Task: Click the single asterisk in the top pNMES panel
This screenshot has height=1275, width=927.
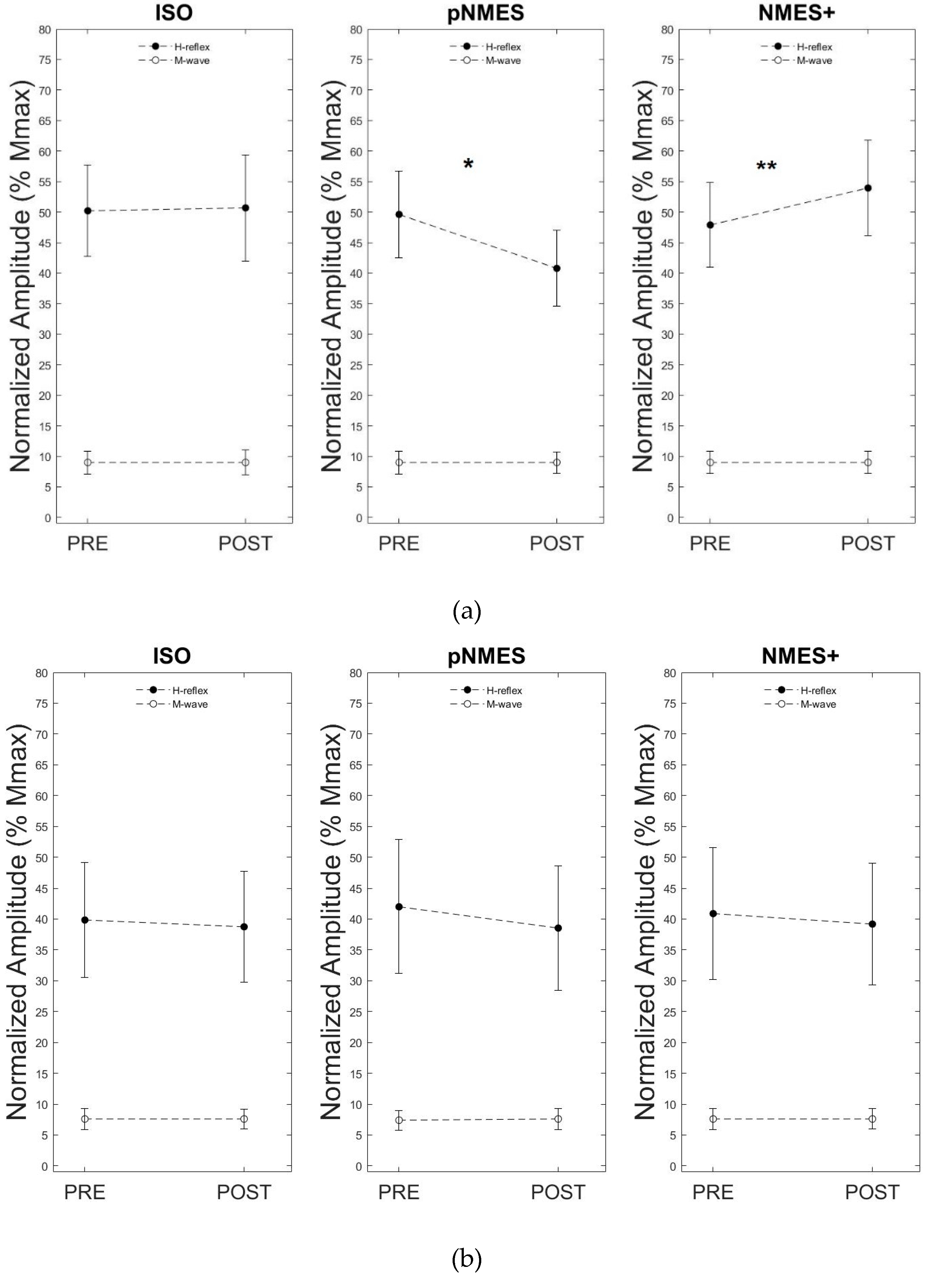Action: click(468, 165)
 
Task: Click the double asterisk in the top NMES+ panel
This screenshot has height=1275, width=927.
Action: click(766, 166)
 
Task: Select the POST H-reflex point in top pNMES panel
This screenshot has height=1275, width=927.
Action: click(556, 268)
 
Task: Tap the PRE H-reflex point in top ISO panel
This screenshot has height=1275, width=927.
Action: click(88, 211)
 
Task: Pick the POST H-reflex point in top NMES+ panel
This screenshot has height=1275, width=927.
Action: click(868, 188)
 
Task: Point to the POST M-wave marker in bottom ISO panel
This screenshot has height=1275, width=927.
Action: click(244, 1119)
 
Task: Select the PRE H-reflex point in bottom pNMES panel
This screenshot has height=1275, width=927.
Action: click(399, 907)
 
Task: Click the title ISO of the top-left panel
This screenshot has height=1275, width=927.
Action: click(174, 13)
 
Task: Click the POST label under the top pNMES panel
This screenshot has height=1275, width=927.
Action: click(556, 544)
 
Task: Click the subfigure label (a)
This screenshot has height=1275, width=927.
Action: click(466, 611)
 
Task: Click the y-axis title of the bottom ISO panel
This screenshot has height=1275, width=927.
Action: click(18, 922)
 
